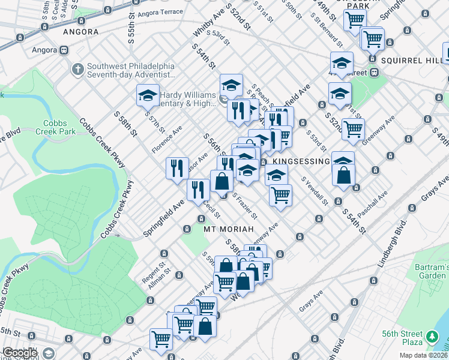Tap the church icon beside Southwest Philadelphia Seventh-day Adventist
77,70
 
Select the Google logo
20,353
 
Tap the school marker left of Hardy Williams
148,95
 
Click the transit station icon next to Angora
58,50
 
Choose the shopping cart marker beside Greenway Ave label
353,128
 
